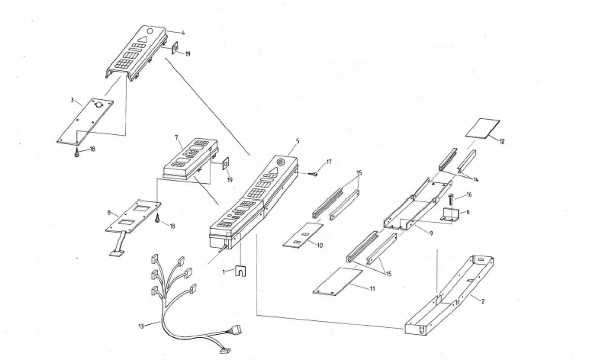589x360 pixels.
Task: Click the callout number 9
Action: [431, 233]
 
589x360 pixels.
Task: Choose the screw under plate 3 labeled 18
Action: [78, 152]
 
